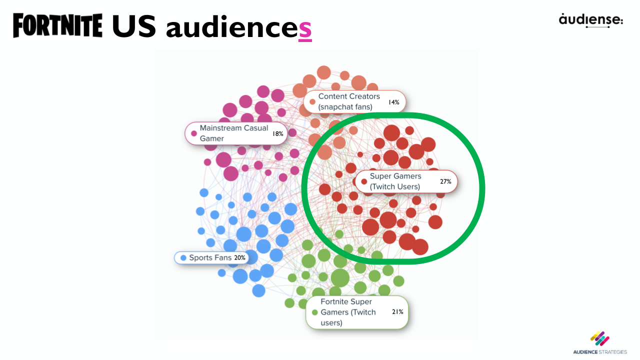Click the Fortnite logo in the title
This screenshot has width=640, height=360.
pyautogui.click(x=57, y=26)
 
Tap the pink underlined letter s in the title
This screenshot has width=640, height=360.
pyautogui.click(x=305, y=29)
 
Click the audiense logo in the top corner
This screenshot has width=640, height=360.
pyautogui.click(x=591, y=20)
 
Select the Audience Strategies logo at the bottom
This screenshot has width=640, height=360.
pyautogui.click(x=600, y=342)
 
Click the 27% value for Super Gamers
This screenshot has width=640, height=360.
pyautogui.click(x=445, y=181)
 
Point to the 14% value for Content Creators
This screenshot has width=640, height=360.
pyautogui.click(x=393, y=102)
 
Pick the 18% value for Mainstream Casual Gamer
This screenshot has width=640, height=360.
pyautogui.click(x=277, y=133)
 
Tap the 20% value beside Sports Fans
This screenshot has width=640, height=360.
pyautogui.click(x=239, y=258)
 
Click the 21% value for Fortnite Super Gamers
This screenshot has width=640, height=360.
pyautogui.click(x=397, y=312)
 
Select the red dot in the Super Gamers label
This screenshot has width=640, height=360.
pyautogui.click(x=364, y=181)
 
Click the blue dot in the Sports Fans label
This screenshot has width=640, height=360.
pyautogui.click(x=183, y=258)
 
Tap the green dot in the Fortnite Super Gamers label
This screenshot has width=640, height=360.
pyautogui.click(x=314, y=312)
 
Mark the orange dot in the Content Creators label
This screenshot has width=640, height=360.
pyautogui.click(x=312, y=102)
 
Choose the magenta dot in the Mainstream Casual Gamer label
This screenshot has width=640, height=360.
pyautogui.click(x=194, y=133)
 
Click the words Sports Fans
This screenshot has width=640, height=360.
pyautogui.click(x=210, y=258)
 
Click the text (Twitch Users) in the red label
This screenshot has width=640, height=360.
pyautogui.click(x=395, y=186)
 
